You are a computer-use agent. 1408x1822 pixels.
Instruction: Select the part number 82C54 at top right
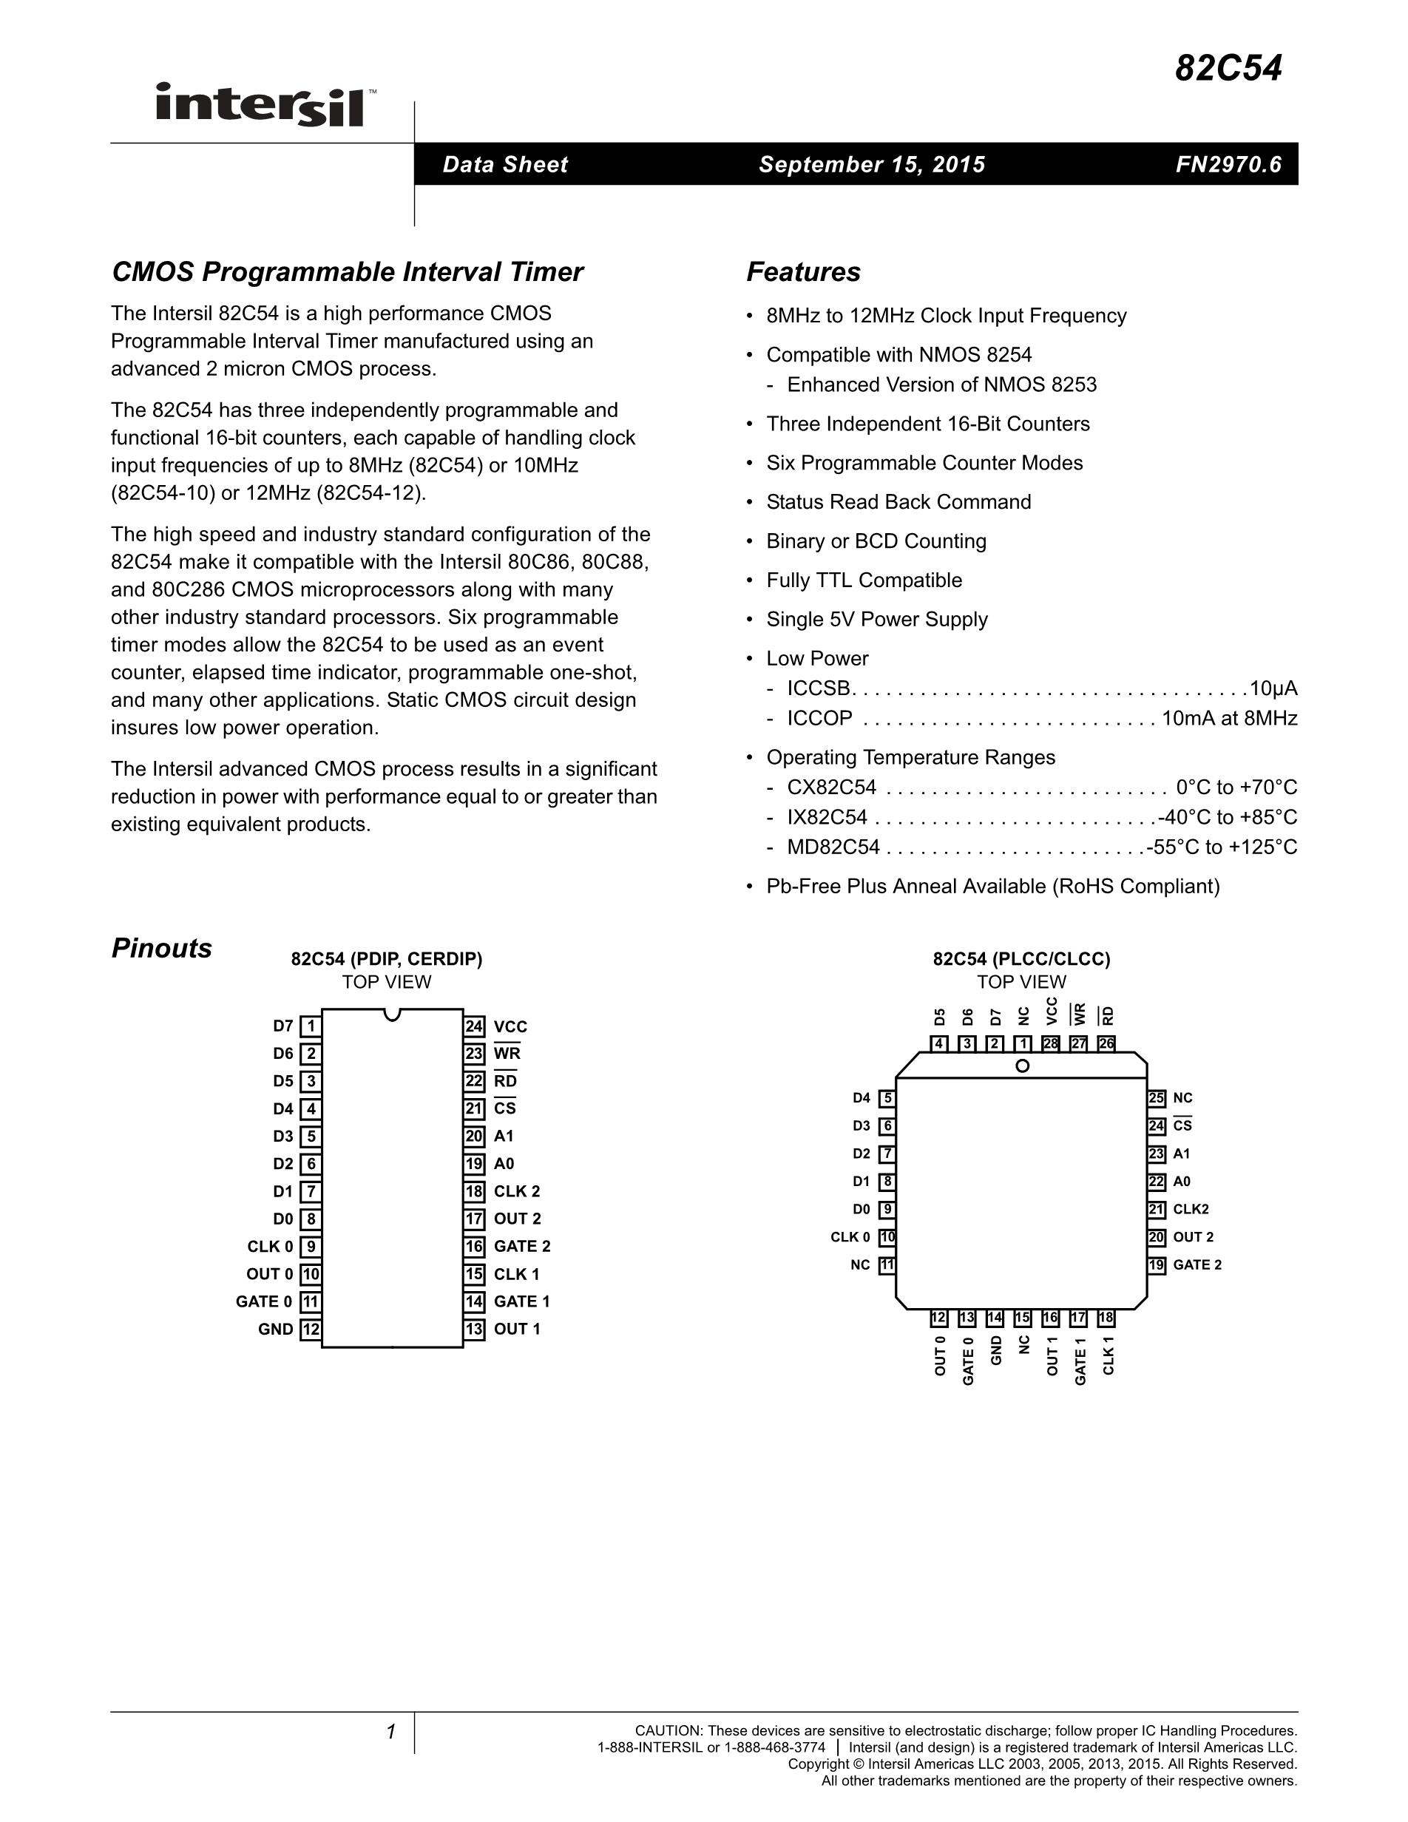click(x=1228, y=69)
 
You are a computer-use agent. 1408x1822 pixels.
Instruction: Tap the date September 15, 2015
click(x=872, y=164)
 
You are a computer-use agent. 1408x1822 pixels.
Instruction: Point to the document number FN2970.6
click(x=1228, y=164)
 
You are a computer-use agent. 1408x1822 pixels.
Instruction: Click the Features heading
click(x=803, y=272)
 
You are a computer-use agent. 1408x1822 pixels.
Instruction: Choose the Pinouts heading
click(x=162, y=949)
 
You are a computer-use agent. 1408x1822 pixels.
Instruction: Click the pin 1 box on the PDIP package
click(x=311, y=1026)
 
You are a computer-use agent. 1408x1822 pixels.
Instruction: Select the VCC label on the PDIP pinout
click(x=510, y=1027)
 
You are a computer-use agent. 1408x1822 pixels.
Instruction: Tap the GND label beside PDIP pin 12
click(x=275, y=1330)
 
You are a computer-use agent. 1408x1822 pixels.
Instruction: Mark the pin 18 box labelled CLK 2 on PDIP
click(x=475, y=1191)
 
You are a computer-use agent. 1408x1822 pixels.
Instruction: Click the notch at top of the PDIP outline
click(x=392, y=1014)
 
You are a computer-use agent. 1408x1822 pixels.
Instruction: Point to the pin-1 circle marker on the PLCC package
click(x=1023, y=1066)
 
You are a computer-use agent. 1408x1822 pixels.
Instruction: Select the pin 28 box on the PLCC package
click(x=1050, y=1043)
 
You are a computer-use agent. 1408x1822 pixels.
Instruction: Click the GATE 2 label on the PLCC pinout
click(x=1197, y=1264)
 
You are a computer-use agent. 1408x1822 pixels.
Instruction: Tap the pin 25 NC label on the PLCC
click(x=1182, y=1098)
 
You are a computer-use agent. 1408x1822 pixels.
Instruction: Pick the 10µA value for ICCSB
click(x=1273, y=689)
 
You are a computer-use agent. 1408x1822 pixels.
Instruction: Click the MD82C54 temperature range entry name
click(x=833, y=847)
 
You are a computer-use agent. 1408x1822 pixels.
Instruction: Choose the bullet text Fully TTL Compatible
click(x=864, y=580)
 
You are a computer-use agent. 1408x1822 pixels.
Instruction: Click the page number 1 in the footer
click(x=390, y=1733)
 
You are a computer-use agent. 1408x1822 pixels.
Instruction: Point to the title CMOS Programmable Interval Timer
click(x=347, y=272)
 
